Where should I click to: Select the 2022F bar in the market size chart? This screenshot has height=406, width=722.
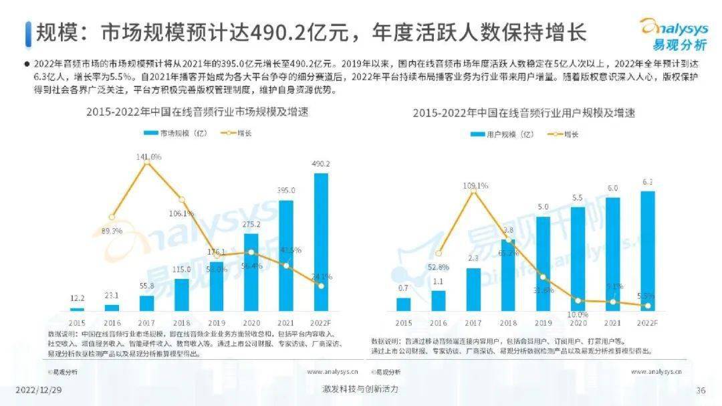click(321, 242)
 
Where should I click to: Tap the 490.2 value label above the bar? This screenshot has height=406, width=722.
click(321, 164)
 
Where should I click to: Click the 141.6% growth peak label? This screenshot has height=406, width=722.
click(148, 156)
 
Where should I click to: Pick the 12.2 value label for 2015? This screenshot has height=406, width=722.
click(78, 298)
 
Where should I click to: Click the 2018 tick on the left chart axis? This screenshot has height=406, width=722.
click(182, 322)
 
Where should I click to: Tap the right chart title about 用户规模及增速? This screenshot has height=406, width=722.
click(523, 113)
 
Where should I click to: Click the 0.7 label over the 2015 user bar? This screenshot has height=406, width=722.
click(403, 288)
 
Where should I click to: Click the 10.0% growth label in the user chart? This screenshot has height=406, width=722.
click(577, 314)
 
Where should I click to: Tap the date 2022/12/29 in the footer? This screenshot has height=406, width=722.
click(38, 390)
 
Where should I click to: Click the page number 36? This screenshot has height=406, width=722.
click(701, 391)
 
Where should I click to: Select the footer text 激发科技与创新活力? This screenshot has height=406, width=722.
click(360, 389)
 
